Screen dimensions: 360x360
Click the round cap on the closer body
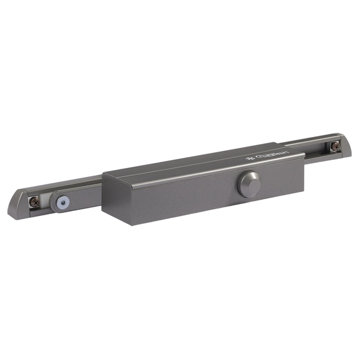pos(249,184)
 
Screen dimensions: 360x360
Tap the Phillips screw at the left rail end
pos(34,202)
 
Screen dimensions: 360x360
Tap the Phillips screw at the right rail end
pos(335,146)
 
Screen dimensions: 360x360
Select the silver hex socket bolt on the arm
pos(62,202)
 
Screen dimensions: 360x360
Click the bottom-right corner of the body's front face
pos(303,190)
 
